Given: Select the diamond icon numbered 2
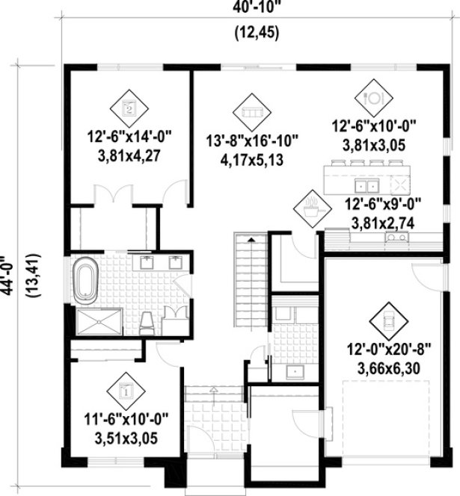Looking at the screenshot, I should pos(129,107).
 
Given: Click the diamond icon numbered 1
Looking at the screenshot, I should pos(125,389).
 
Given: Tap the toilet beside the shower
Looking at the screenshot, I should pos(148,321).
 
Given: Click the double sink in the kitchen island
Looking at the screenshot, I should pos(367,185).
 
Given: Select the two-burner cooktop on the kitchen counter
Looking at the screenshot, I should pos(396,238).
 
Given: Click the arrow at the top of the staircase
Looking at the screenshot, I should pos(251,240).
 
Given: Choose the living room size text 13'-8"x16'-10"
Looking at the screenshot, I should pos(253,140).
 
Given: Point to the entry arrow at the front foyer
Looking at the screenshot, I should pos(215,389).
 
